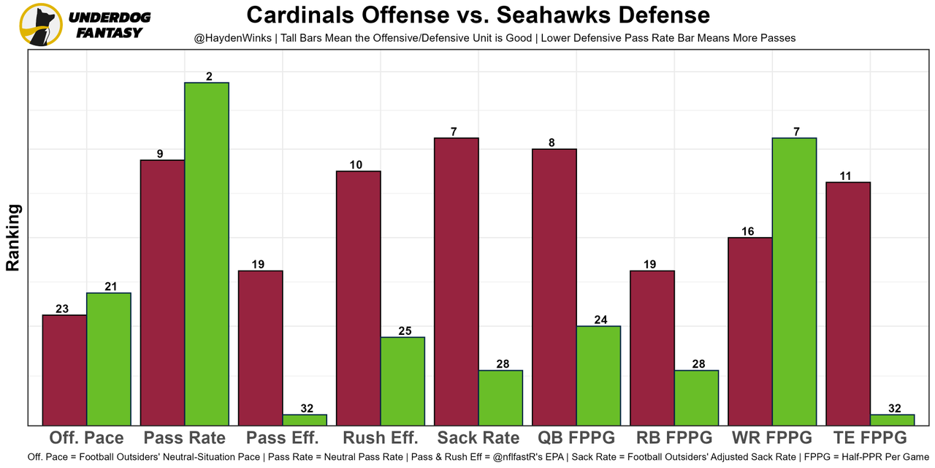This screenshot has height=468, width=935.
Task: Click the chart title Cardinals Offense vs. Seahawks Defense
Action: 478,15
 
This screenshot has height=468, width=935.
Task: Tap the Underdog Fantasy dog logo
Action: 40,24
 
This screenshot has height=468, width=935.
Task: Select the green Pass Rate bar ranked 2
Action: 207,254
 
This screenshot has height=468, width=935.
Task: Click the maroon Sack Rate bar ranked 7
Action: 457,282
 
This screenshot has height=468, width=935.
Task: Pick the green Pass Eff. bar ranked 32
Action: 305,420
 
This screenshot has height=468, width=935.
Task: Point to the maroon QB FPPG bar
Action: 554,287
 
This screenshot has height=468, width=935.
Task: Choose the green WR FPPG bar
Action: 794,282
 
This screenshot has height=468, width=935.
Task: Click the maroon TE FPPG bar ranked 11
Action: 848,303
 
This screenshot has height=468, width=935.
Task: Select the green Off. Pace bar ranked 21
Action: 109,359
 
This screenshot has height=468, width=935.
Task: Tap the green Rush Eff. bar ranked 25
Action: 402,381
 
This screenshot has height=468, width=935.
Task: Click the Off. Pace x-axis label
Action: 86,438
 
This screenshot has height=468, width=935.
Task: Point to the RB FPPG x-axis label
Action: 674,438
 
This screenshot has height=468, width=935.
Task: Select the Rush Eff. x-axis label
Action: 380,438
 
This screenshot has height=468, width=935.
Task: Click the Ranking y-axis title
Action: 13,238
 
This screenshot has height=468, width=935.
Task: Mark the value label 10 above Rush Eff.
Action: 356,165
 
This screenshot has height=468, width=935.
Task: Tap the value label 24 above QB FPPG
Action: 600,320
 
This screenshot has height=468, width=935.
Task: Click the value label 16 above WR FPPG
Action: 747,231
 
